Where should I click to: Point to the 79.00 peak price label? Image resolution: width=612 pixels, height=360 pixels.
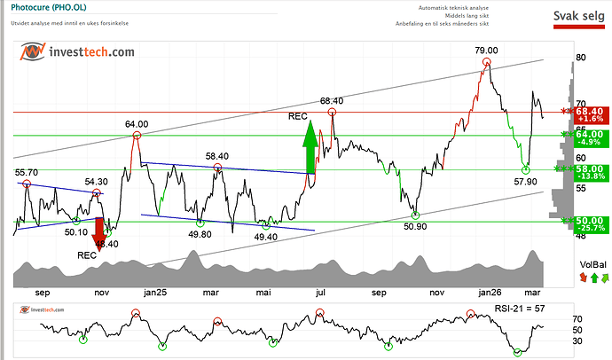pyautogui.click(x=486, y=51)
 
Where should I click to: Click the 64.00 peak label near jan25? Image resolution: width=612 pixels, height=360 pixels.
pyautogui.click(x=137, y=123)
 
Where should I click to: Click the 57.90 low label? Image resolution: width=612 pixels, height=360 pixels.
pyautogui.click(x=526, y=181)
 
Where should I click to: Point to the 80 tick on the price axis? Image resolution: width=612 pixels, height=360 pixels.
pyautogui.click(x=580, y=58)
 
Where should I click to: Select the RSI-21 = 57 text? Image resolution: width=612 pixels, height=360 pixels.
pyautogui.click(x=523, y=309)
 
